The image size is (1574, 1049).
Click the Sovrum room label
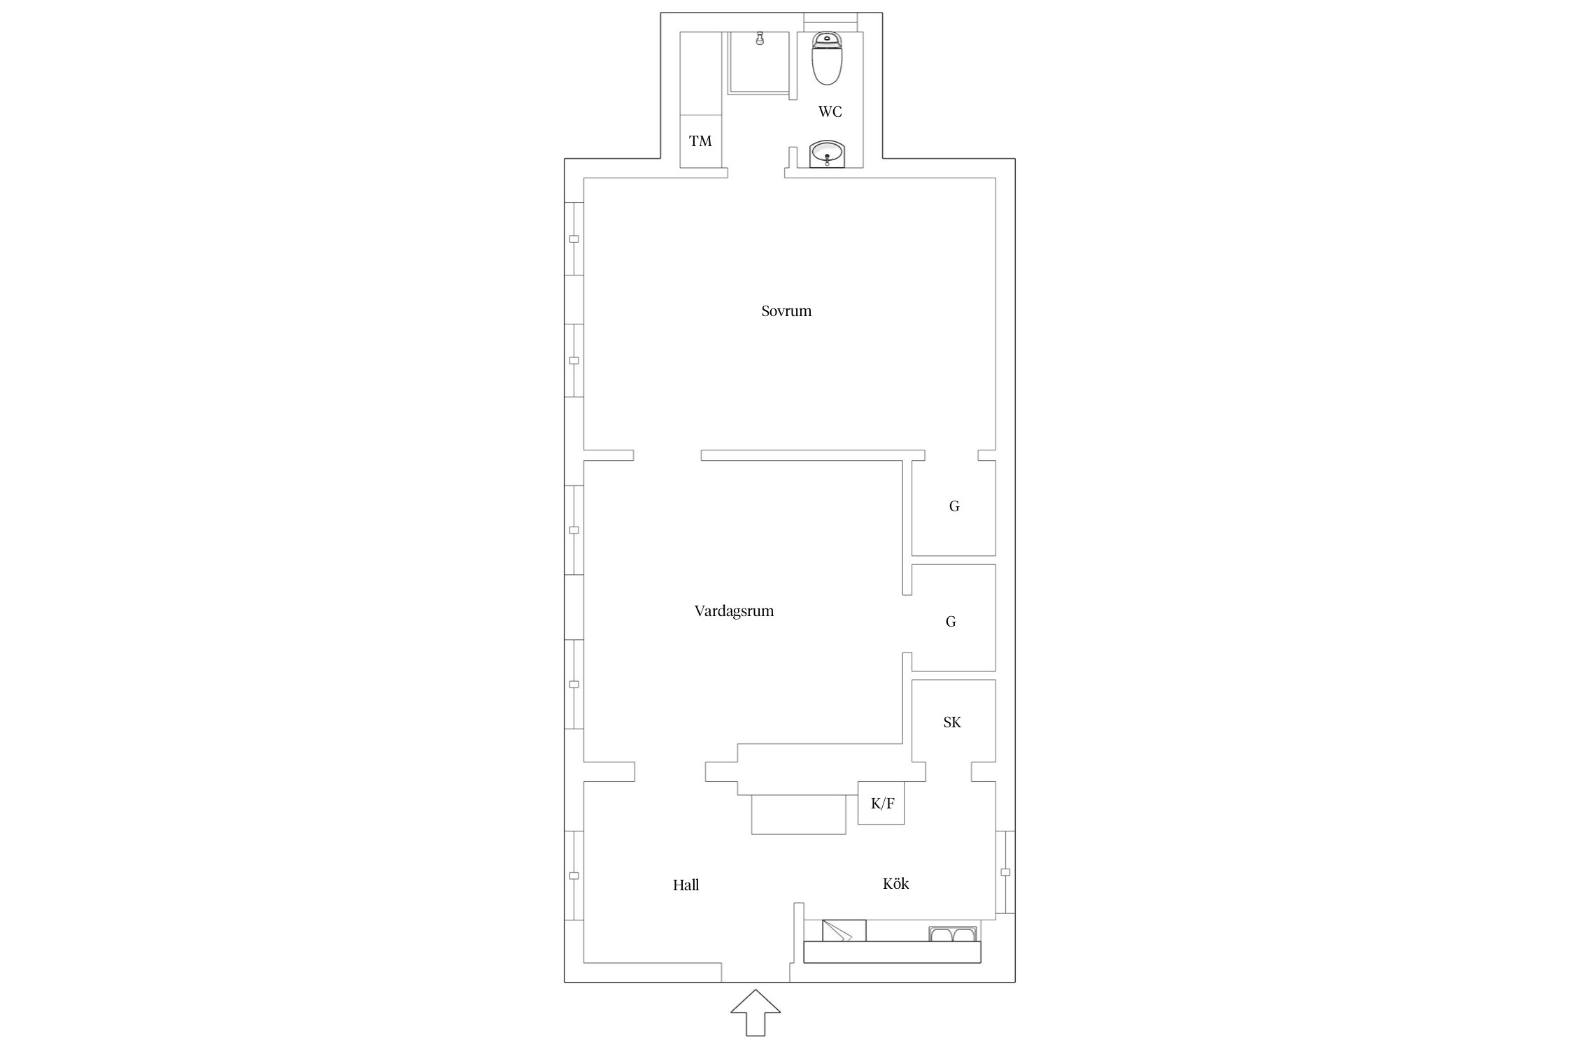coord(786,311)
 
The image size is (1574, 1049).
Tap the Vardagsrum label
coord(734,611)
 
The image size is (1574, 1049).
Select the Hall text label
coord(686,885)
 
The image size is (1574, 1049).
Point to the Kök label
coord(895,883)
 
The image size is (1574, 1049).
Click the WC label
coord(830,112)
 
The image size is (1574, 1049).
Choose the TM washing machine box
coord(701,141)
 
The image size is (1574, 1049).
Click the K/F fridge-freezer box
coord(881,803)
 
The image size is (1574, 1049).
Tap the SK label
coord(952,722)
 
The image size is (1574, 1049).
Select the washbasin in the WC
coord(828,154)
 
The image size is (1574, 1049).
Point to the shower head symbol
coord(760,39)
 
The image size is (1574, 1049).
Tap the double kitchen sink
coord(953,934)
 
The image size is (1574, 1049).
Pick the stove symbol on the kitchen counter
coord(844,931)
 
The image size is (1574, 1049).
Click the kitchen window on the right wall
coord(1005,872)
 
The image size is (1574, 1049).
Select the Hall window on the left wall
coord(574,876)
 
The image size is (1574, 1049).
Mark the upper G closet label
coord(954,506)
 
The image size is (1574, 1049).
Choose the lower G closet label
coord(951,622)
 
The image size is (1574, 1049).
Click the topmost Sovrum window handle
coord(574,239)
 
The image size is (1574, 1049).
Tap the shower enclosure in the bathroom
coord(760,63)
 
